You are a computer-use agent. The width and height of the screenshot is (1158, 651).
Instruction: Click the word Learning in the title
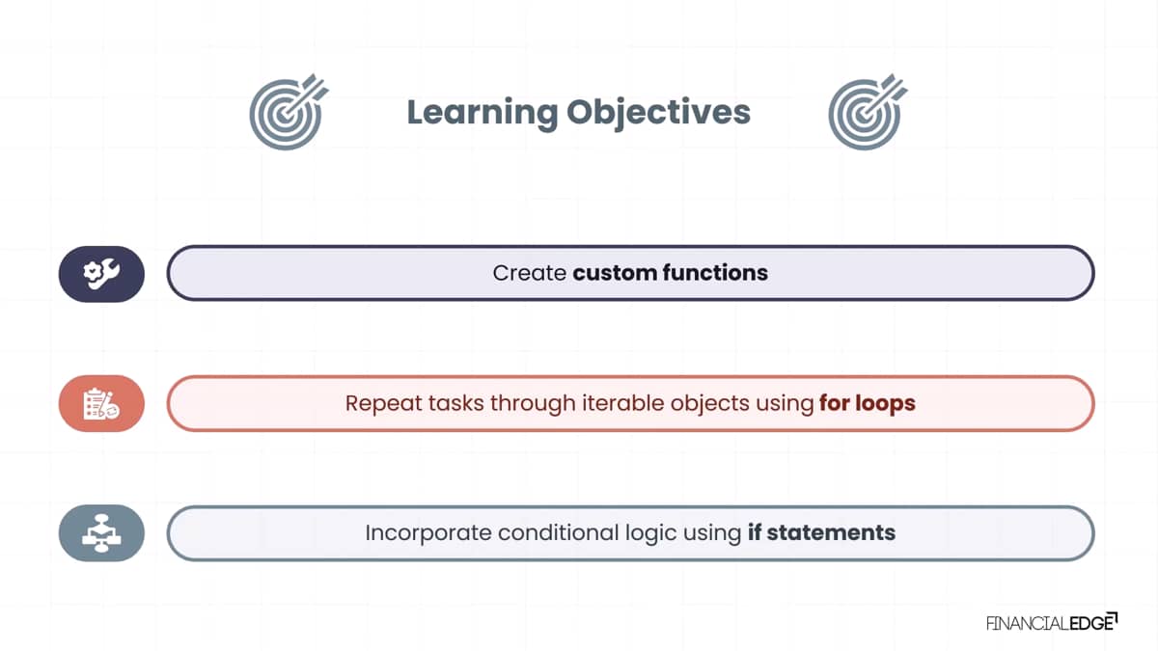482,113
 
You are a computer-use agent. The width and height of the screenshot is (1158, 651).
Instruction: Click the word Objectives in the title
658,112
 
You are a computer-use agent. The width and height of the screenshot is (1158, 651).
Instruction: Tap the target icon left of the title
289,112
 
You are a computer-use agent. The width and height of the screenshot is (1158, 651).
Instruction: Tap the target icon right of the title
868,112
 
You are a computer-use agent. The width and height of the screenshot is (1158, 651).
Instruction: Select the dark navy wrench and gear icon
101,274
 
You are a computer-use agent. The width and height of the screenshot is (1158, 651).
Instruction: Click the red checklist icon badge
101,403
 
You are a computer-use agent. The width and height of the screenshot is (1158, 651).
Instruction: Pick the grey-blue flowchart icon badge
101,533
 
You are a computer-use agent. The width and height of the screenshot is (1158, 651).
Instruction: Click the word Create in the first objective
530,273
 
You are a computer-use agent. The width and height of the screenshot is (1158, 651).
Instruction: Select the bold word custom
615,273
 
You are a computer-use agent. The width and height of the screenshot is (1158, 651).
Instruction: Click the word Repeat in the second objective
383,403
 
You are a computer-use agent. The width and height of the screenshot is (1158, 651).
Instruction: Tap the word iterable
623,403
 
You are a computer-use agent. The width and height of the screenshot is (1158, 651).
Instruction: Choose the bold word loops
885,404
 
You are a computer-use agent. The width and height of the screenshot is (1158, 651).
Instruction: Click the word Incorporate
428,533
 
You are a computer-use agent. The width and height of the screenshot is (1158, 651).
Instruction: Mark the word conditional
559,532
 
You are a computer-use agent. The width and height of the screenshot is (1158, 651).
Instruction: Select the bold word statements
831,532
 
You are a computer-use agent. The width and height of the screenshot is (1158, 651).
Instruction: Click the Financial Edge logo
1052,622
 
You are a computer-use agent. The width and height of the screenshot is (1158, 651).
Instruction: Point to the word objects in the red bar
710,404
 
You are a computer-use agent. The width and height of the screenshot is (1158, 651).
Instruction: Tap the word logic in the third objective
650,533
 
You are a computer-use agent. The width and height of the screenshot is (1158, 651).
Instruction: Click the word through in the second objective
533,404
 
